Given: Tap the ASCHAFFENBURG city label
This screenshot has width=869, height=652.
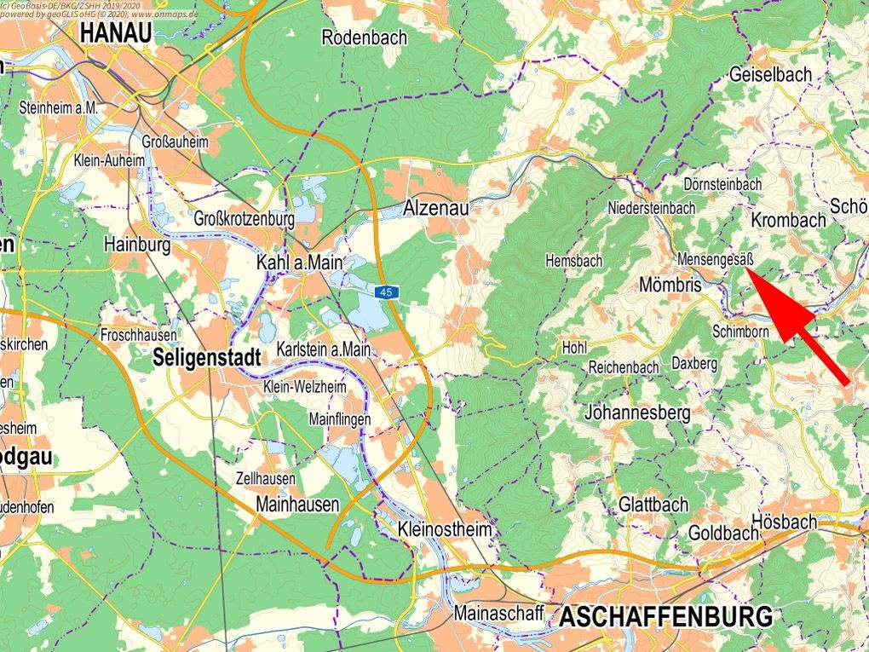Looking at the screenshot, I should point(665,616).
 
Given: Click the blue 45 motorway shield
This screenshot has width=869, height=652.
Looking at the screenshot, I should point(388,292).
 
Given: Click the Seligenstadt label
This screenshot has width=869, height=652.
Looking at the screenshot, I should point(206,358).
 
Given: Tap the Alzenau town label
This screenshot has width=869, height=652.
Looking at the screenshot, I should point(435,209).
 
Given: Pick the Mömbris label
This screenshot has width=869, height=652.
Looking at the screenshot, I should point(670,286).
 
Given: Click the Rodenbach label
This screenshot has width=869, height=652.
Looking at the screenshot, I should point(365,38).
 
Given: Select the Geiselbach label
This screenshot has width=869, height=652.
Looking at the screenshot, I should point(770,75).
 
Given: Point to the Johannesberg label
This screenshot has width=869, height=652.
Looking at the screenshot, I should point(637,413).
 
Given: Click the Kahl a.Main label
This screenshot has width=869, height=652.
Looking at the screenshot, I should point(299,264).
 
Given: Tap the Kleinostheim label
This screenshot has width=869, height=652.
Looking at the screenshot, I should point(445,530).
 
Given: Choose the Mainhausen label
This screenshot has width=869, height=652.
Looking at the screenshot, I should point(297,505).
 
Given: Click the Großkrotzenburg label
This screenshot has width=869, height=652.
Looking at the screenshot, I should point(245,219).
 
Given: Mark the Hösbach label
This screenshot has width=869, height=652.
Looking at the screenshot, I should point(786,522).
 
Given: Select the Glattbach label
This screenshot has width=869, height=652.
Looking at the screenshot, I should point(653,505).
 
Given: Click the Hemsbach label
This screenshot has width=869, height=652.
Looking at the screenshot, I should point(573,261).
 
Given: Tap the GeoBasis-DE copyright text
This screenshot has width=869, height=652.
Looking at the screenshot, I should point(85,5).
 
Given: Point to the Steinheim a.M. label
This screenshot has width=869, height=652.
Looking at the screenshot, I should point(59,108).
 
